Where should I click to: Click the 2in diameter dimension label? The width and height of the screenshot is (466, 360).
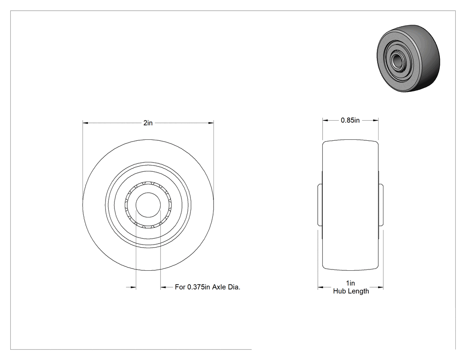click(x=148, y=123)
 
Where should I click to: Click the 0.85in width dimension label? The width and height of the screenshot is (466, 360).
click(x=350, y=120)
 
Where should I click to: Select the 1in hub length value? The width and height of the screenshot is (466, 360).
click(x=351, y=283)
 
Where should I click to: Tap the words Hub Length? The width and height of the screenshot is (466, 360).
click(x=351, y=291)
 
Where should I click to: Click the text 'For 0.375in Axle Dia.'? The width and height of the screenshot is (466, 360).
click(x=207, y=287)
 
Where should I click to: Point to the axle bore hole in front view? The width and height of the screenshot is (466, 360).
click(x=148, y=205)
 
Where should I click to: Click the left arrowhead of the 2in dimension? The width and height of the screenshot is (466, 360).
click(x=86, y=123)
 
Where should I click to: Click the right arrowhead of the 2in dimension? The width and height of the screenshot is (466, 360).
click(x=211, y=123)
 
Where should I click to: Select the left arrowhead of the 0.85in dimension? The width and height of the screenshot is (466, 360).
click(x=325, y=120)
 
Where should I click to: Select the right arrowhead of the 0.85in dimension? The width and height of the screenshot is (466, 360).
click(x=375, y=120)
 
